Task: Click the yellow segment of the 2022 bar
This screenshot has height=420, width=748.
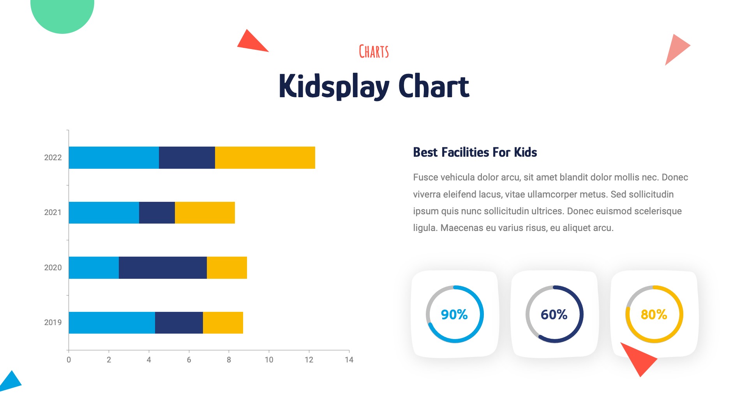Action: coord(265,157)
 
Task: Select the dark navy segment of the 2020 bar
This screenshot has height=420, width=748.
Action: coord(162,268)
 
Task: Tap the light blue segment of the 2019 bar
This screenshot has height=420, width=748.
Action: coord(112,322)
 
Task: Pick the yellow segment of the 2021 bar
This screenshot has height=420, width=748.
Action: coord(205,212)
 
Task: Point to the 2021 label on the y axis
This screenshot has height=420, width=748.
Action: coord(53,212)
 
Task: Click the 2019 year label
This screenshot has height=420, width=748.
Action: coord(53,322)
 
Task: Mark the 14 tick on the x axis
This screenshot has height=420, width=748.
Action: coord(349,360)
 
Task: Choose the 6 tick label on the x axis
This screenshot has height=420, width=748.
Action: coord(189,360)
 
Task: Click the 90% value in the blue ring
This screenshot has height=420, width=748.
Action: coord(454,314)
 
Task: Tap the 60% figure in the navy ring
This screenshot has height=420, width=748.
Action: coord(554,314)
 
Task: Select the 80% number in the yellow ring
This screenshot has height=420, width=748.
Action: coord(654,314)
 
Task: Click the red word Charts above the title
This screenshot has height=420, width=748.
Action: coord(374,52)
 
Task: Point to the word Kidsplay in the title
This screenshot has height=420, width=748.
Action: coord(334,86)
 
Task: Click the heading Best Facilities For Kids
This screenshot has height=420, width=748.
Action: coord(475,152)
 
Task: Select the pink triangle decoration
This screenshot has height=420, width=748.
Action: coord(676,48)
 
